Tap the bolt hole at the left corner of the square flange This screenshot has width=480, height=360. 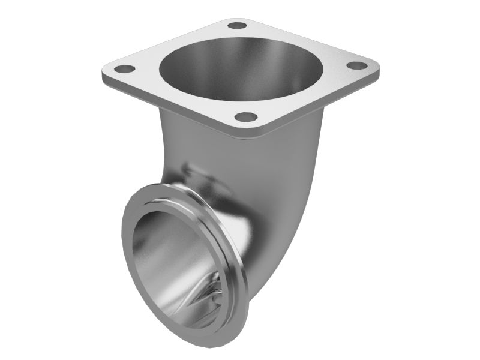pyautogui.click(x=125, y=69)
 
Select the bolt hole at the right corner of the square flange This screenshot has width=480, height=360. pyautogui.click(x=356, y=65)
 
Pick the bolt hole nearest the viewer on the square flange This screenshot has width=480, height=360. pyautogui.click(x=246, y=117)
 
